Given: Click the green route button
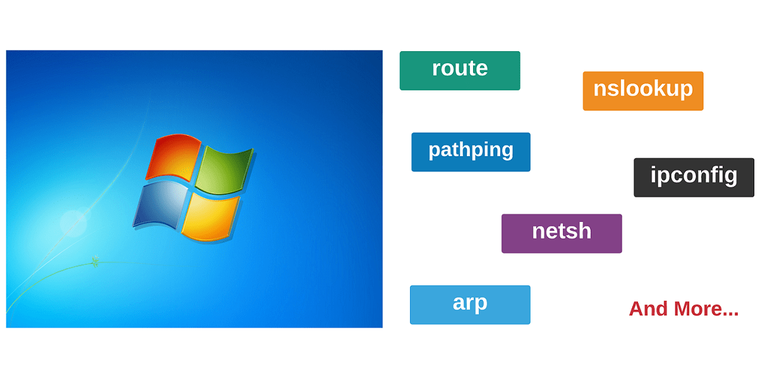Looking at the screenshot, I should (x=460, y=70).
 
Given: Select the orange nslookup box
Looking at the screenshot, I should (x=643, y=90).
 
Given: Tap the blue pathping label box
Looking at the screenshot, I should (x=471, y=152).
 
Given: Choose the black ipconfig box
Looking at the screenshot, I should (x=694, y=177).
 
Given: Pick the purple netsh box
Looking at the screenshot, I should (x=562, y=233).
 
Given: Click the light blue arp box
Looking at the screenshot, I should (x=470, y=305).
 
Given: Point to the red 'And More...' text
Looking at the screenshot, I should (x=683, y=309).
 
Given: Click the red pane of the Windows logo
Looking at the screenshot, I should (x=172, y=156).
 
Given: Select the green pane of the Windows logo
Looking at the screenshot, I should (x=224, y=169).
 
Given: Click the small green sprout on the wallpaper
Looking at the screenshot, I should (x=95, y=261).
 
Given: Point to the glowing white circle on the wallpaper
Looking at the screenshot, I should (x=73, y=223).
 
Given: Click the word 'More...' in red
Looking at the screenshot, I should (x=706, y=309).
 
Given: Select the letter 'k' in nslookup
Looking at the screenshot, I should (x=655, y=89).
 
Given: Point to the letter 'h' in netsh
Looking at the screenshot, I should (x=584, y=231).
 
